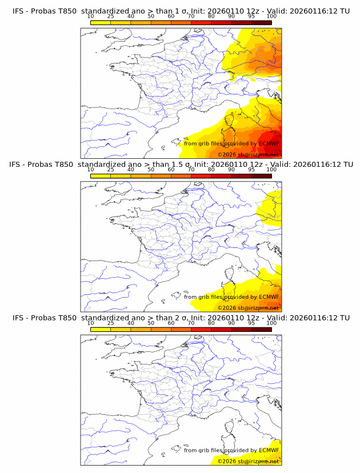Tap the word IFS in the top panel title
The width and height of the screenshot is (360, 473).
(19, 11)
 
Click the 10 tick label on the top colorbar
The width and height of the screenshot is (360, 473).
(90, 17)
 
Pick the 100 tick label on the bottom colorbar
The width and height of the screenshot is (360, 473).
(271, 323)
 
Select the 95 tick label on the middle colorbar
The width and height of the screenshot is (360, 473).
(251, 170)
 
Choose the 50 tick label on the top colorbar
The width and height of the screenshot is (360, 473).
(151, 17)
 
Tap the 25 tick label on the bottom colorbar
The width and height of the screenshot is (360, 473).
(110, 323)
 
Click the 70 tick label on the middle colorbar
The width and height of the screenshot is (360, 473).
(191, 170)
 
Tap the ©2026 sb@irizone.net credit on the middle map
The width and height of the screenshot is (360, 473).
(248, 308)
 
